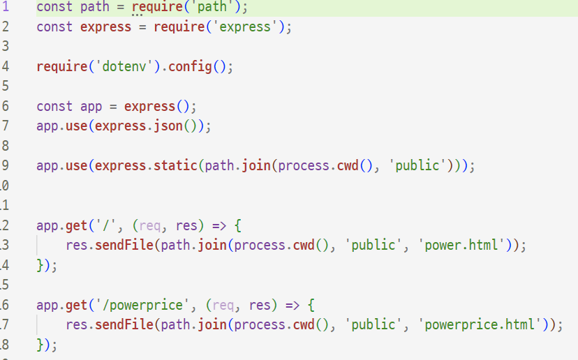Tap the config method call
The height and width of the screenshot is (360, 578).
coord(190,67)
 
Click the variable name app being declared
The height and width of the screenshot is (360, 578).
coord(91,107)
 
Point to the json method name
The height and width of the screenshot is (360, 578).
coord(168,126)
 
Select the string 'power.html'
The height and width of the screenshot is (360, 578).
coord(461,246)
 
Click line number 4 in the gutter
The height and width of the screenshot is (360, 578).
coord(6,67)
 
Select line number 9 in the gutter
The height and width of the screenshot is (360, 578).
coord(6,166)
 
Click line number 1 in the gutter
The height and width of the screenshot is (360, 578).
coord(6,7)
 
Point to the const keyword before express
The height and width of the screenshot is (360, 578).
coord(54,27)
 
